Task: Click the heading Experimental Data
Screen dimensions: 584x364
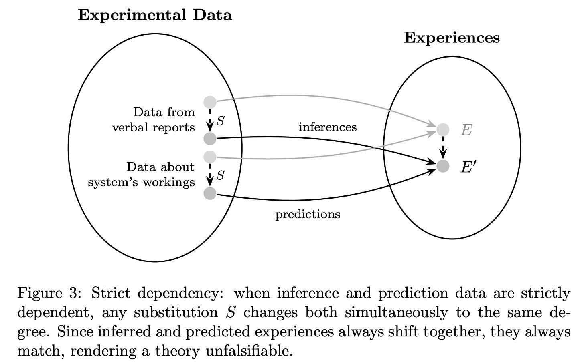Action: pos(155,15)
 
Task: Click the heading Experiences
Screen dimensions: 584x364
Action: pos(452,38)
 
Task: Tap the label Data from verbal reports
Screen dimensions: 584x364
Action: pos(154,119)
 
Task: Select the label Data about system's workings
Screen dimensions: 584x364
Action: pos(142,174)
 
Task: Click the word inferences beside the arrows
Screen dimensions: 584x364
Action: pos(328,127)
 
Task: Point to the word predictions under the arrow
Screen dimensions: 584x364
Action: pos(308,214)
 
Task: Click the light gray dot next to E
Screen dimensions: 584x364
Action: pos(443,129)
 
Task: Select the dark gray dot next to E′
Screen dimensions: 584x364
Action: pos(443,166)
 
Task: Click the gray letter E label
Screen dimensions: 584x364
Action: pos(466,130)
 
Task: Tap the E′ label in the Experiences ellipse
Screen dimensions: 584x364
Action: pos(467,167)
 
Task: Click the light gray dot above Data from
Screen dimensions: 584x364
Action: pos(210,102)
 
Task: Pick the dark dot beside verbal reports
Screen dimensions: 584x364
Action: pos(210,139)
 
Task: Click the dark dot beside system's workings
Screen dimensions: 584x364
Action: pos(210,194)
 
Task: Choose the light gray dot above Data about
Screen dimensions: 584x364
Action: pos(210,157)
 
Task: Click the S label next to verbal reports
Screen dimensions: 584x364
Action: pos(220,121)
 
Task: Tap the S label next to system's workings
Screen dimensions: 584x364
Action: pos(220,175)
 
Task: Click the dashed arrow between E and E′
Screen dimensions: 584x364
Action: pos(443,147)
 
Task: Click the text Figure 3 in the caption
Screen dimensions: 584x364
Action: pos(50,294)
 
